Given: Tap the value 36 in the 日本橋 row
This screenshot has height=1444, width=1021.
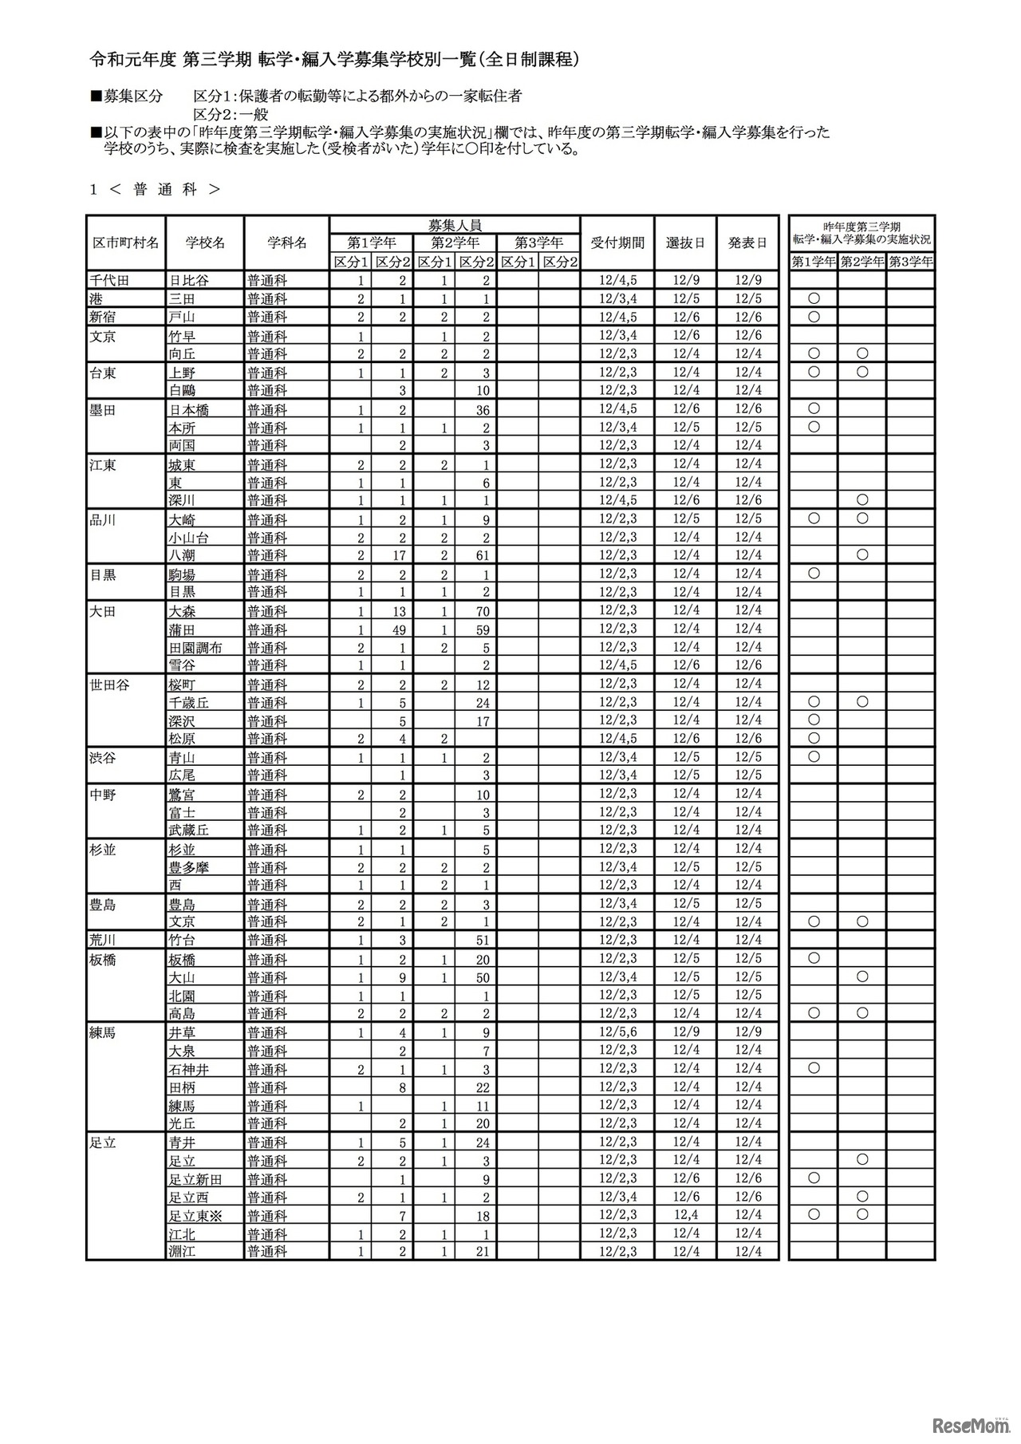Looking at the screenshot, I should pyautogui.click(x=481, y=410).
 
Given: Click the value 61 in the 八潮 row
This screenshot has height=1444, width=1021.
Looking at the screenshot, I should pyautogui.click(x=481, y=556).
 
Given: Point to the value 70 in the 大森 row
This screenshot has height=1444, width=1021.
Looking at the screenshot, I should pyautogui.click(x=481, y=612).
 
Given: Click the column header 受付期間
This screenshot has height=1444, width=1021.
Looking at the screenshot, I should pyautogui.click(x=617, y=243).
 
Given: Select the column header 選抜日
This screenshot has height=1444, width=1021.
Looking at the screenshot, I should pyautogui.click(x=685, y=243).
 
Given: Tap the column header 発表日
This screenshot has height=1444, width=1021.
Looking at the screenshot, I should pyautogui.click(x=747, y=243).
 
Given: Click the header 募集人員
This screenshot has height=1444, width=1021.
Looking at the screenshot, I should pyautogui.click(x=455, y=225).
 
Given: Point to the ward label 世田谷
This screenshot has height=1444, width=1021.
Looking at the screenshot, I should pyautogui.click(x=110, y=685).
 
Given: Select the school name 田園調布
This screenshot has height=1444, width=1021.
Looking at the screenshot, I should pyautogui.click(x=195, y=648).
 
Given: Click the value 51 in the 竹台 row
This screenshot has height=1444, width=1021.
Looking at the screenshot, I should pyautogui.click(x=481, y=941).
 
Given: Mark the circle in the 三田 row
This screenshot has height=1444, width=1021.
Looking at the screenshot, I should pyautogui.click(x=814, y=298).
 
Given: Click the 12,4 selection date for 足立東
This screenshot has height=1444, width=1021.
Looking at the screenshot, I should pyautogui.click(x=685, y=1215).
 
